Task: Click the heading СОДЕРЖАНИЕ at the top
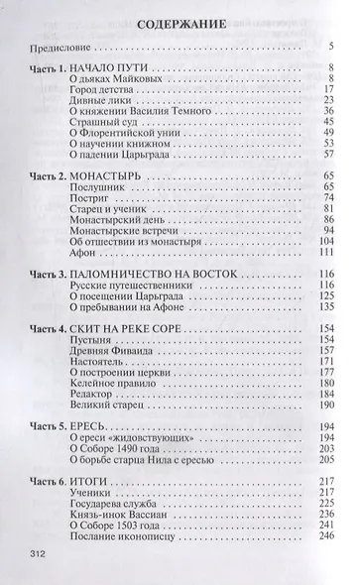pos(180,19)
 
